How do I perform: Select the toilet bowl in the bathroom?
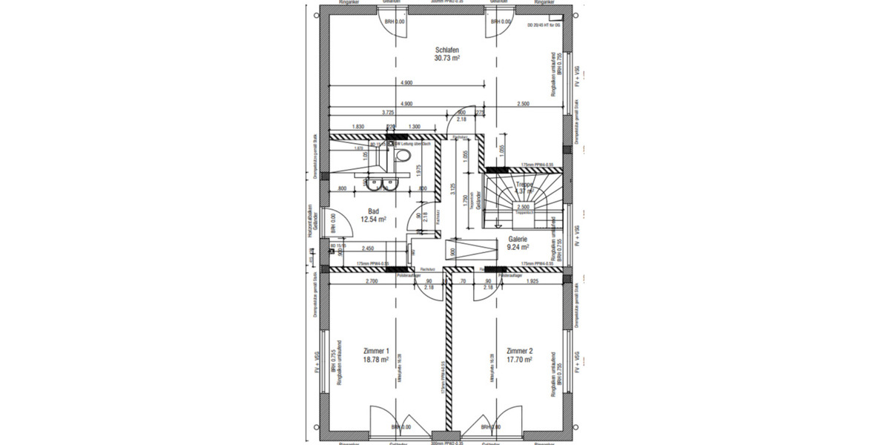point(403,156)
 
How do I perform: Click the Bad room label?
point(373,211)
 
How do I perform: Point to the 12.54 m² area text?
point(374,220)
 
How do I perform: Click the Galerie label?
point(517,240)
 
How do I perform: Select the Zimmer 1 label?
point(376,350)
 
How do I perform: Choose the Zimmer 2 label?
point(519,350)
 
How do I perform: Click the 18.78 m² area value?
point(376,359)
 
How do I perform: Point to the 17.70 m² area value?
point(519,359)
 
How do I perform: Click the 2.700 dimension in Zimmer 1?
point(372,283)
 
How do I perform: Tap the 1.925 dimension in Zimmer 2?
point(531,283)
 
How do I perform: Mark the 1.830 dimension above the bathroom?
point(359,127)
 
